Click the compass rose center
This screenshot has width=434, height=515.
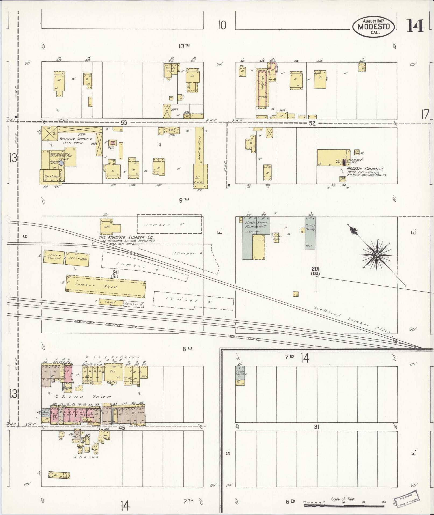point(376,255)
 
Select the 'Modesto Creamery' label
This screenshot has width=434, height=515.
point(365,169)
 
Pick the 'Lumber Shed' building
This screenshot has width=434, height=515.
point(106,286)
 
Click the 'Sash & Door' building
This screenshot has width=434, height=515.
point(77,259)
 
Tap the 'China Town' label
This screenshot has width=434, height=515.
point(83,397)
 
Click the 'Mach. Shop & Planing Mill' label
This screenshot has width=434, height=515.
point(256,225)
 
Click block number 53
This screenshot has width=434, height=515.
point(124,122)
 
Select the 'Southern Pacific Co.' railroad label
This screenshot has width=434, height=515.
point(106,324)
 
